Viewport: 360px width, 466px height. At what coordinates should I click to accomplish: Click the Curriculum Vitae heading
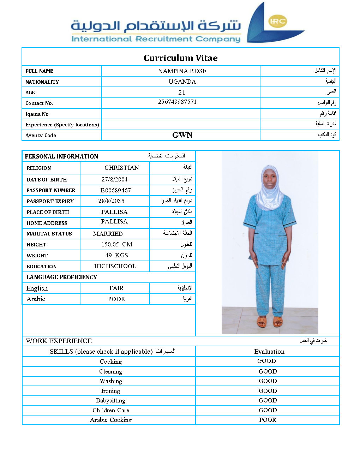click(x=180, y=58)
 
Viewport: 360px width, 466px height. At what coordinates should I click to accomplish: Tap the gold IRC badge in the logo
click(x=277, y=21)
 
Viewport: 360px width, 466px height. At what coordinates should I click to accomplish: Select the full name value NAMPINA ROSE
click(x=182, y=71)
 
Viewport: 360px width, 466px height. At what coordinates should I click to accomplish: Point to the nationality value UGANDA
click(x=182, y=82)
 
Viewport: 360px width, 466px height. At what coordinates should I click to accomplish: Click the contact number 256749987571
click(x=177, y=102)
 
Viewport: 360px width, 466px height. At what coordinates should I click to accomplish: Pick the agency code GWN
click(x=182, y=135)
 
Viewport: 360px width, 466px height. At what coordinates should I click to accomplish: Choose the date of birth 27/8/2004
click(x=115, y=179)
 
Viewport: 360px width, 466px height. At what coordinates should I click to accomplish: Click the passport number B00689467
click(x=115, y=190)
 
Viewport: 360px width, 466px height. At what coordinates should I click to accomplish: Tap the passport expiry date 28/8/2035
click(x=111, y=201)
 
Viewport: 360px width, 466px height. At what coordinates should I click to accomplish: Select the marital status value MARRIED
click(x=108, y=234)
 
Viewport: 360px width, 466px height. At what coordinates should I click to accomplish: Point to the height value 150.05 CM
click(x=117, y=244)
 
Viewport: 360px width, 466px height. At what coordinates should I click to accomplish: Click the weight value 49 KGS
click(x=116, y=255)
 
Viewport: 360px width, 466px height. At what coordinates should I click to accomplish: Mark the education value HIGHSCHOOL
click(x=115, y=266)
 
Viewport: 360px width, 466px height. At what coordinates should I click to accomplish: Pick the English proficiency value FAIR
click(x=116, y=288)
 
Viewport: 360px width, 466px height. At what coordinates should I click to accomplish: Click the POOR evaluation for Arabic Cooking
click(x=268, y=420)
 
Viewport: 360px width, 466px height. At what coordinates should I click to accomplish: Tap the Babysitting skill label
click(x=110, y=400)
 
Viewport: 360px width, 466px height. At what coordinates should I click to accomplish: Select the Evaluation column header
click(x=269, y=351)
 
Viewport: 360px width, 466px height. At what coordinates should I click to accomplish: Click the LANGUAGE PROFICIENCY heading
click(x=62, y=277)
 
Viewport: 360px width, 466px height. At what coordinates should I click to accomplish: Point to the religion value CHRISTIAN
click(x=122, y=168)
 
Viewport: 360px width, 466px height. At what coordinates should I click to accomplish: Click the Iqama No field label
click(x=37, y=114)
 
